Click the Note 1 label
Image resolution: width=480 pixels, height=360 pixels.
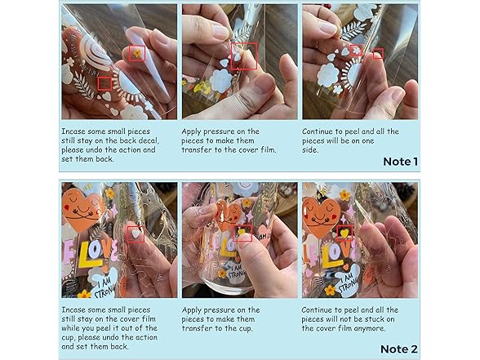(400, 162)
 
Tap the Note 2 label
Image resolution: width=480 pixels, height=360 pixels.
(399, 349)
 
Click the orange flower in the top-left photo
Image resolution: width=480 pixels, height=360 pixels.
(137, 53)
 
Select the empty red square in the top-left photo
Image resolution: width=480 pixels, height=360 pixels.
(104, 83)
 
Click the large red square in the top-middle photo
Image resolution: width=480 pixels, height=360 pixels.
(243, 56)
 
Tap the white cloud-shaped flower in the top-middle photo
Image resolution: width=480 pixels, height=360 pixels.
(221, 81)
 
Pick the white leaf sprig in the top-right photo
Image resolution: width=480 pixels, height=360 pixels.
(353, 32)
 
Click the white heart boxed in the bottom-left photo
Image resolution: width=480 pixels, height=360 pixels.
(136, 233)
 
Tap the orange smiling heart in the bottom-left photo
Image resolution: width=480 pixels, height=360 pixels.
(82, 209)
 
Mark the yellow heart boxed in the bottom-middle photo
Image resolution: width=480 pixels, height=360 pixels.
(242, 232)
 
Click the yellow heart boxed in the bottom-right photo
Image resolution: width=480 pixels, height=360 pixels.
(344, 233)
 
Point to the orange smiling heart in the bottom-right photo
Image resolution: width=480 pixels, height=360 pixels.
(322, 216)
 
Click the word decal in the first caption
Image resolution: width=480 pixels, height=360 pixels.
(149, 140)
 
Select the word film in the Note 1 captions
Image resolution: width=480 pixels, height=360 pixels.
(268, 149)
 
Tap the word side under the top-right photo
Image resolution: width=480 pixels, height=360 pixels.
(310, 150)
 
